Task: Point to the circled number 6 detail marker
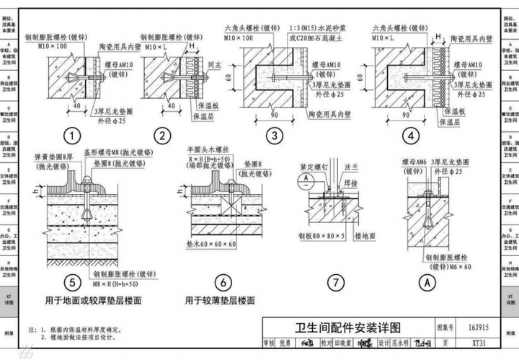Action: click(225, 283)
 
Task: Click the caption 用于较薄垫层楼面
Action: click(220, 300)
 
